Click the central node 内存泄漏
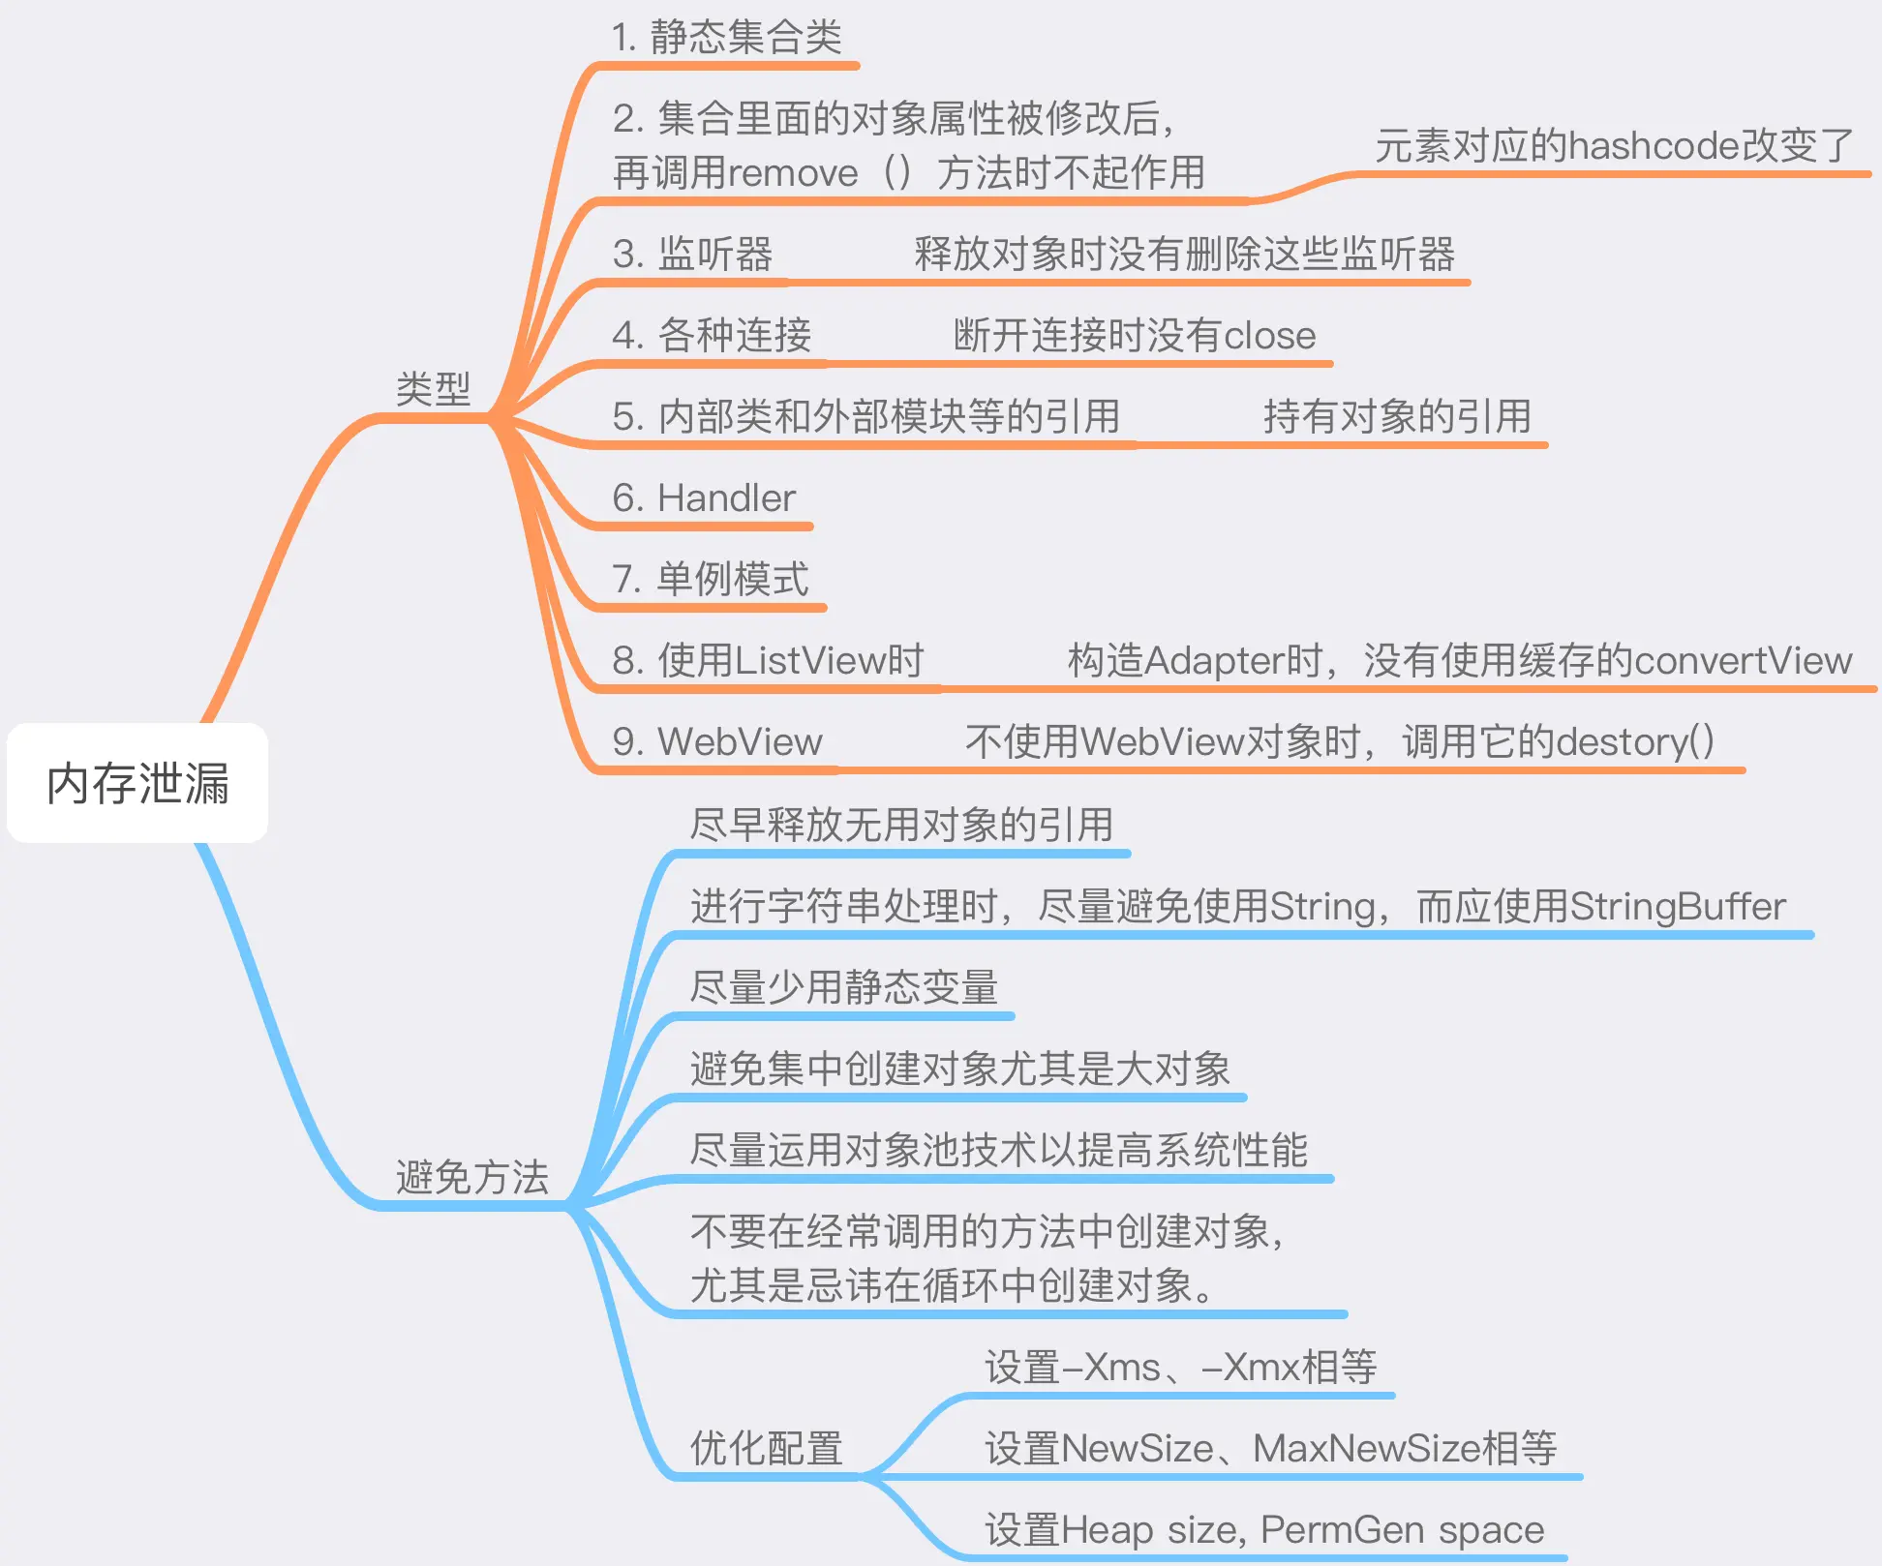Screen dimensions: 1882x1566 click(137, 783)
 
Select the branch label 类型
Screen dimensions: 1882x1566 click(433, 389)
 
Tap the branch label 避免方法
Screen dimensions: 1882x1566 click(472, 1178)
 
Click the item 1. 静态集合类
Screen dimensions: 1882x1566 click(726, 38)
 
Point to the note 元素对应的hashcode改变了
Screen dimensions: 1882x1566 click(1614, 146)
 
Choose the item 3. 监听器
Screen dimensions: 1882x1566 click(692, 255)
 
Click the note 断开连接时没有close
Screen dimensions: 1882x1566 click(1135, 336)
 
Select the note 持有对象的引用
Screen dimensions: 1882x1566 click(1397, 417)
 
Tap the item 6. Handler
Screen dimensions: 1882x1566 click(704, 498)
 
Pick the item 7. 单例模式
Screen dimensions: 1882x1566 click(710, 580)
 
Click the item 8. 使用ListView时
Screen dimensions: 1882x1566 click(768, 661)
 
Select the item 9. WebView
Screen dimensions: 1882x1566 click(717, 742)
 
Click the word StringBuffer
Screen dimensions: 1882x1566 click(1677, 907)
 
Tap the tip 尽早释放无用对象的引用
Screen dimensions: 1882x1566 click(901, 826)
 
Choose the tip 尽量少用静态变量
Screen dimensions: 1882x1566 click(843, 988)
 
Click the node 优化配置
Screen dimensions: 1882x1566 click(766, 1449)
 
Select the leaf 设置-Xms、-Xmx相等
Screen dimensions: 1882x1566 click(1181, 1368)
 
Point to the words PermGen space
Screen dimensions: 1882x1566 click(1402, 1530)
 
